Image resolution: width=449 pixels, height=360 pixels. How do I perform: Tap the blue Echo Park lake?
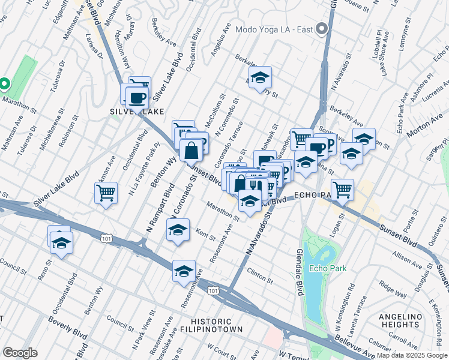(313, 264)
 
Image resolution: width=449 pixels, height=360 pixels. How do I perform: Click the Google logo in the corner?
(19, 353)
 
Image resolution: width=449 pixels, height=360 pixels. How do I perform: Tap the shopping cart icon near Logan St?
(342, 189)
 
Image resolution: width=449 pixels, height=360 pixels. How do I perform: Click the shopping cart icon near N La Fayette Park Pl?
(106, 193)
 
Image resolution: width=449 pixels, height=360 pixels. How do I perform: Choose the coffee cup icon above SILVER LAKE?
(137, 97)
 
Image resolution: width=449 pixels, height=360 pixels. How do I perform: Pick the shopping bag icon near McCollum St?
(191, 150)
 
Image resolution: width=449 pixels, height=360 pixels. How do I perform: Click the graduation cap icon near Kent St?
(178, 230)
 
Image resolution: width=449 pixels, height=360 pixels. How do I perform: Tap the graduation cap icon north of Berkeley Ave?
(260, 77)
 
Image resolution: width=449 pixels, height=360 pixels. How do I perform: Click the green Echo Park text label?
(324, 268)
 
